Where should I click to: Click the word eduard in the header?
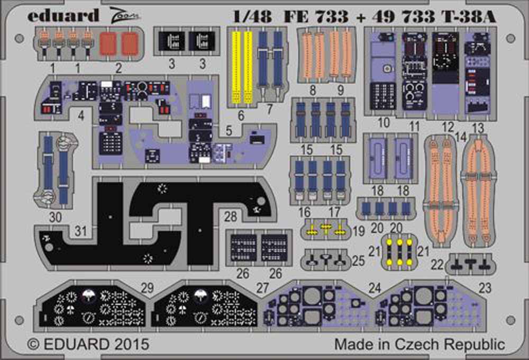pos(63,15)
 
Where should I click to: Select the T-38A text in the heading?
pos(470,16)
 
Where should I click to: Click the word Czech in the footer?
pos(417,344)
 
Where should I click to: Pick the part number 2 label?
pos(118,68)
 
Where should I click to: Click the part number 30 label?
pos(56,217)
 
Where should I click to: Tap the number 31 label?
pos(80,231)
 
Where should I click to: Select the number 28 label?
pos(231,217)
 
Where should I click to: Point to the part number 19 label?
pos(359,231)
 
